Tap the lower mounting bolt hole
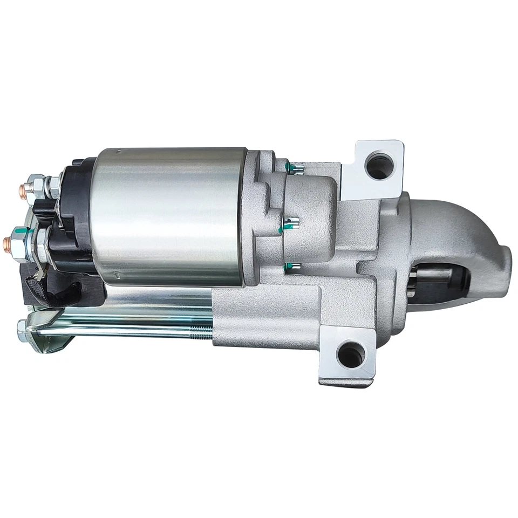351,355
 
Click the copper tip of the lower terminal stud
12,240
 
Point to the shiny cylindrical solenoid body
167,216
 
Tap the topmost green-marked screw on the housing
295,169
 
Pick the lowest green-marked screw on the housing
292,266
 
